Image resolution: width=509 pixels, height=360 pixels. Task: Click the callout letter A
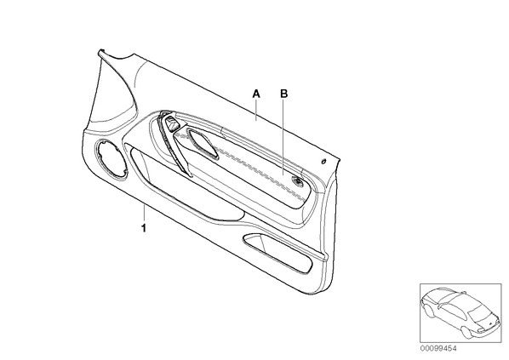tap(256, 94)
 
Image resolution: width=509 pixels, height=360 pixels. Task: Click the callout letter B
tap(284, 94)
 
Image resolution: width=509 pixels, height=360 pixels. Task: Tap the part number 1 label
tap(144, 228)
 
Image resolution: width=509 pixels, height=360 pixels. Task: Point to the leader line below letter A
tap(256, 110)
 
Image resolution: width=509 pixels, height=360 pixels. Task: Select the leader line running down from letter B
tap(283, 137)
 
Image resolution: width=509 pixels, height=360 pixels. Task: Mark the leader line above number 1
tap(144, 214)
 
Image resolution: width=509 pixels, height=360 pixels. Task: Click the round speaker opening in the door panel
tap(112, 159)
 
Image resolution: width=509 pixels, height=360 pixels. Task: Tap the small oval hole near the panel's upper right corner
tap(323, 162)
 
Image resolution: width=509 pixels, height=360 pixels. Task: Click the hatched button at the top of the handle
tap(172, 123)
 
